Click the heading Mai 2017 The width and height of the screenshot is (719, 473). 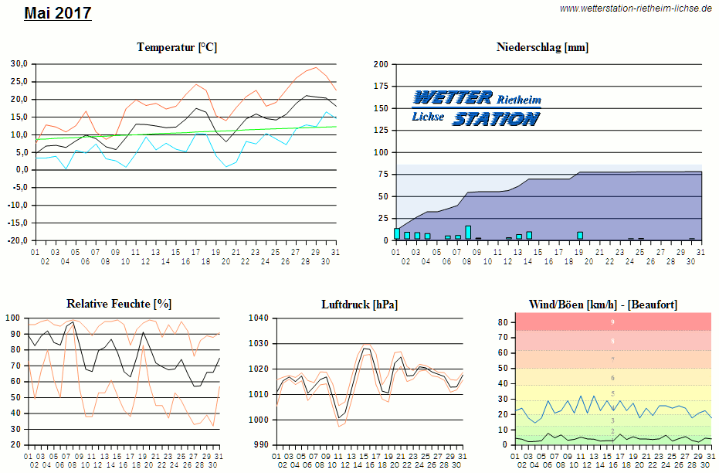58,13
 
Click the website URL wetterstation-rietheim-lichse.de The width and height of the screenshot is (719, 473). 636,9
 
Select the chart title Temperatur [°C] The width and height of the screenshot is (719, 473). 177,47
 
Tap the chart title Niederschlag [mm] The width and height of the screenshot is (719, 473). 542,47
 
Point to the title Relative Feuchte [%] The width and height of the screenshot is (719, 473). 119,304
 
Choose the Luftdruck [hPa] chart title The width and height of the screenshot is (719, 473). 360,305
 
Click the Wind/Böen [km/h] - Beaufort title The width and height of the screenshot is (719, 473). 603,305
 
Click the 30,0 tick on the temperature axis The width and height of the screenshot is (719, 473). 19,63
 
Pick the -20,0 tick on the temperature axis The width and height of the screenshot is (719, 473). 18,240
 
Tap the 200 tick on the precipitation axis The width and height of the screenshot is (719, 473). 380,64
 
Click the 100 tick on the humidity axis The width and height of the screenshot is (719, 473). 13,318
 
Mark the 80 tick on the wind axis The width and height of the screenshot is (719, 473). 502,322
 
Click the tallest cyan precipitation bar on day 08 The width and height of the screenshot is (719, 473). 468,232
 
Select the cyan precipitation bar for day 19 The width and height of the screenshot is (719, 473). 580,236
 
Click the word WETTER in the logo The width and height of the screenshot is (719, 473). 453,97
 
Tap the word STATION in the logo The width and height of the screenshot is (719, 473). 495,118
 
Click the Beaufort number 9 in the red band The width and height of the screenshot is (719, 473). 612,322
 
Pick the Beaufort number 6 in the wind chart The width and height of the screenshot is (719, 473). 612,378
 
